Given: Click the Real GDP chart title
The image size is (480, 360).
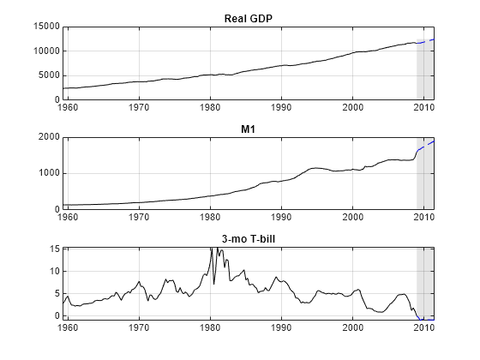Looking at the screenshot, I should coord(249,18).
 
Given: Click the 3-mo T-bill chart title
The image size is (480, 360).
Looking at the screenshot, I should coord(249,238).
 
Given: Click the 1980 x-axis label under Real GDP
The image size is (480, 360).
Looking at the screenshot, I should coord(210,108).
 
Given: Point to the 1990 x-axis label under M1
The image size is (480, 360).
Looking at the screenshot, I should coord(281,218).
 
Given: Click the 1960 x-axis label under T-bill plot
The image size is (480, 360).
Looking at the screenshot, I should coord(69,327).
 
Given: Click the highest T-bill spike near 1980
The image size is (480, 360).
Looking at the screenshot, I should coord(211,249).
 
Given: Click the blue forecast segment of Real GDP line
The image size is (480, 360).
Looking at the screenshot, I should coord(426,40).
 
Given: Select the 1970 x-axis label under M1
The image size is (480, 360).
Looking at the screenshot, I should coord(139,218).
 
